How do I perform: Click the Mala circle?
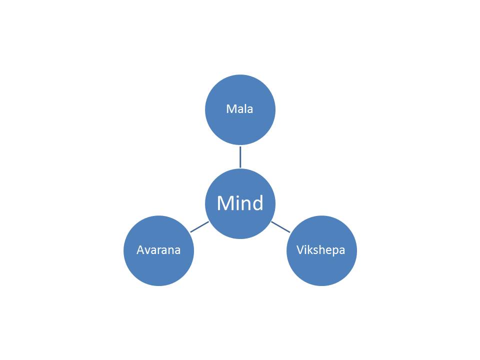(x=240, y=109)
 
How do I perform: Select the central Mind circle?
(x=240, y=203)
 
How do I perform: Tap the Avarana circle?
(x=159, y=250)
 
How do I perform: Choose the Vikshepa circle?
(x=321, y=250)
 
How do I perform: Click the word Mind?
(x=240, y=202)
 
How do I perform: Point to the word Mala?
(x=239, y=109)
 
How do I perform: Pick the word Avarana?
(x=158, y=250)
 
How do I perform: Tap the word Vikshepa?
(x=321, y=250)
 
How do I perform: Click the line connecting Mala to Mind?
(x=240, y=157)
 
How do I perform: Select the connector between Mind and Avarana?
(x=199, y=227)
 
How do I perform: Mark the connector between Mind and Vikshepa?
(x=280, y=227)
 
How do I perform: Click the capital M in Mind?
(x=224, y=203)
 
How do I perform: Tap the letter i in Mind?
(x=235, y=202)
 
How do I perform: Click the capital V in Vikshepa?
(x=300, y=250)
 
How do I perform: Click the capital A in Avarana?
(x=141, y=250)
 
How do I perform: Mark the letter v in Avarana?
(x=148, y=251)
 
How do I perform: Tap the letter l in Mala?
(x=244, y=108)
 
